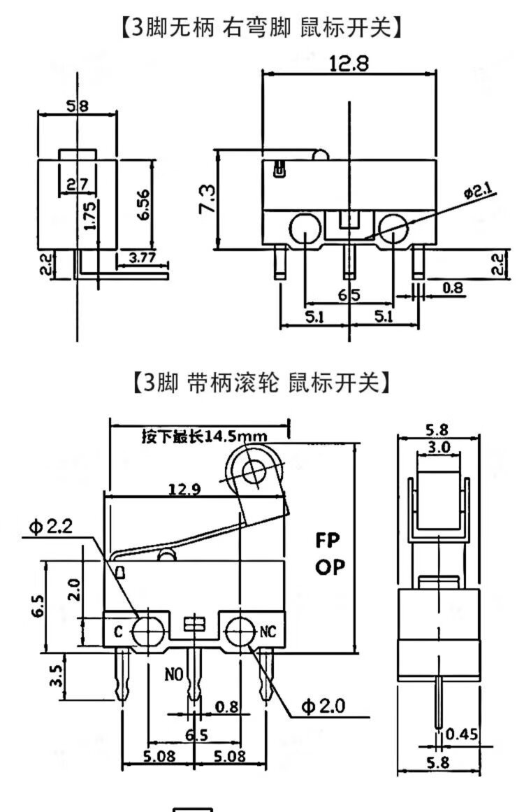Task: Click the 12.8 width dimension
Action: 349,64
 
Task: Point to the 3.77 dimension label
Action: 143,258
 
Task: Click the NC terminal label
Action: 268,632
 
